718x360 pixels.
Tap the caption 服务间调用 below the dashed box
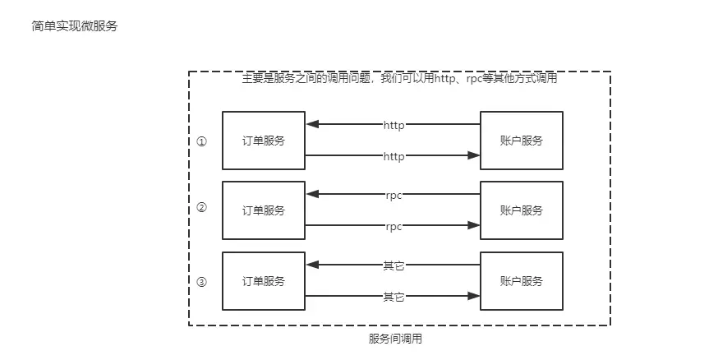coord(395,339)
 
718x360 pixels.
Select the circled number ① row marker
coord(202,141)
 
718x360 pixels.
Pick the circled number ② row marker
coord(202,208)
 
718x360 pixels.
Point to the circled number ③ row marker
coord(202,282)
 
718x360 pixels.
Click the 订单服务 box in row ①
coord(263,141)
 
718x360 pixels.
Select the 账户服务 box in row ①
coord(522,141)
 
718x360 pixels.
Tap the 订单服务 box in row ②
coord(263,210)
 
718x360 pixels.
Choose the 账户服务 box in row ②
coord(522,210)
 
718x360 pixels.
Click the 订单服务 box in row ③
coord(263,281)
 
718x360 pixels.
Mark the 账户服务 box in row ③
coord(522,281)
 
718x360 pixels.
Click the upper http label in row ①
coord(394,125)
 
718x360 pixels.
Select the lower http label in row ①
coord(394,155)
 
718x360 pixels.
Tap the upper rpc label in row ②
coord(394,196)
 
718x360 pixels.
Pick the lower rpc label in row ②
coord(394,226)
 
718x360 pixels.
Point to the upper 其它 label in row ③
coord(394,265)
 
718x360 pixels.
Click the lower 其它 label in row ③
coord(394,296)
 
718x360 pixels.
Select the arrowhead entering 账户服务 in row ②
coord(474,226)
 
